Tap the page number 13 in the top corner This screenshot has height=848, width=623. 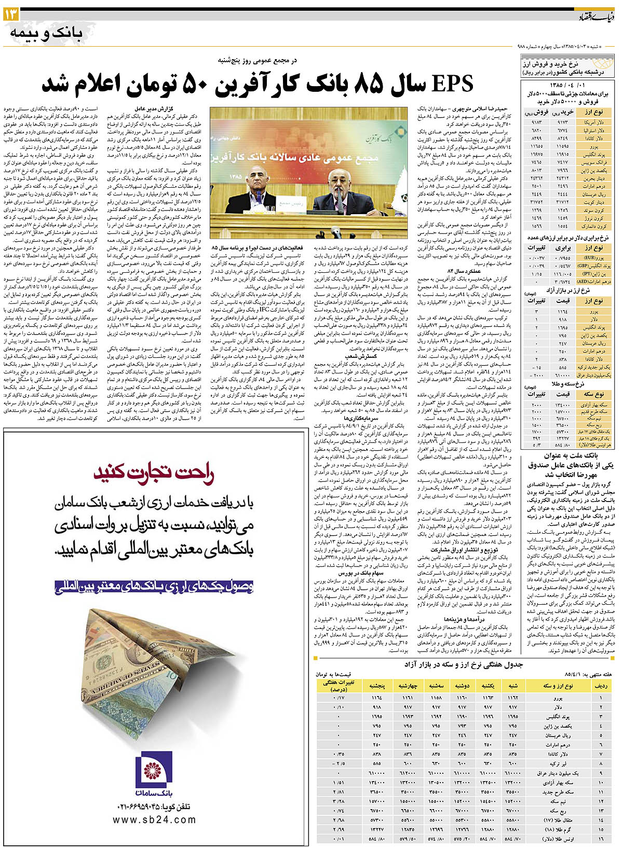point(11,16)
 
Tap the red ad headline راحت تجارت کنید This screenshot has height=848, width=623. point(154,474)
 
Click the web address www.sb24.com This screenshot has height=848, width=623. point(154,819)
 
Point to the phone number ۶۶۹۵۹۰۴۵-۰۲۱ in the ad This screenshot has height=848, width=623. point(155,807)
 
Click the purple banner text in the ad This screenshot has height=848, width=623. point(154,587)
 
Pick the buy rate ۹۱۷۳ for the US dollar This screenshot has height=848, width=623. point(565,122)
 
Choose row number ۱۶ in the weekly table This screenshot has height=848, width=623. point(601,839)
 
